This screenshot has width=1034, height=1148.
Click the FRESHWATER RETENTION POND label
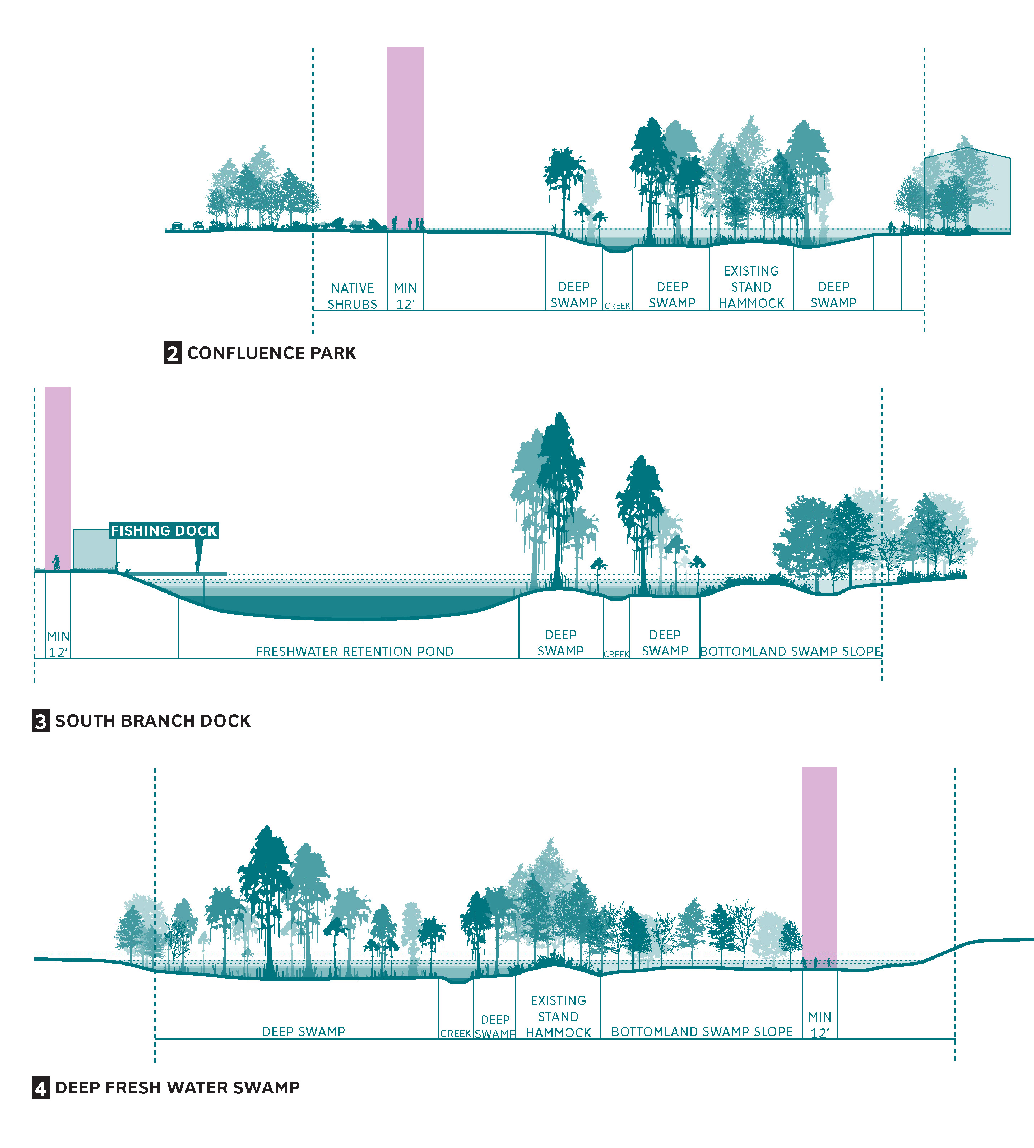pyautogui.click(x=354, y=651)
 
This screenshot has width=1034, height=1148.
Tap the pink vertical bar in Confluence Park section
pyautogui.click(x=405, y=138)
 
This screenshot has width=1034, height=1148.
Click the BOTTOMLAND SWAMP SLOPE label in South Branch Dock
pyautogui.click(x=790, y=651)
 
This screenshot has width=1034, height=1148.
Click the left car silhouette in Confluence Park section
pyautogui.click(x=177, y=226)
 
